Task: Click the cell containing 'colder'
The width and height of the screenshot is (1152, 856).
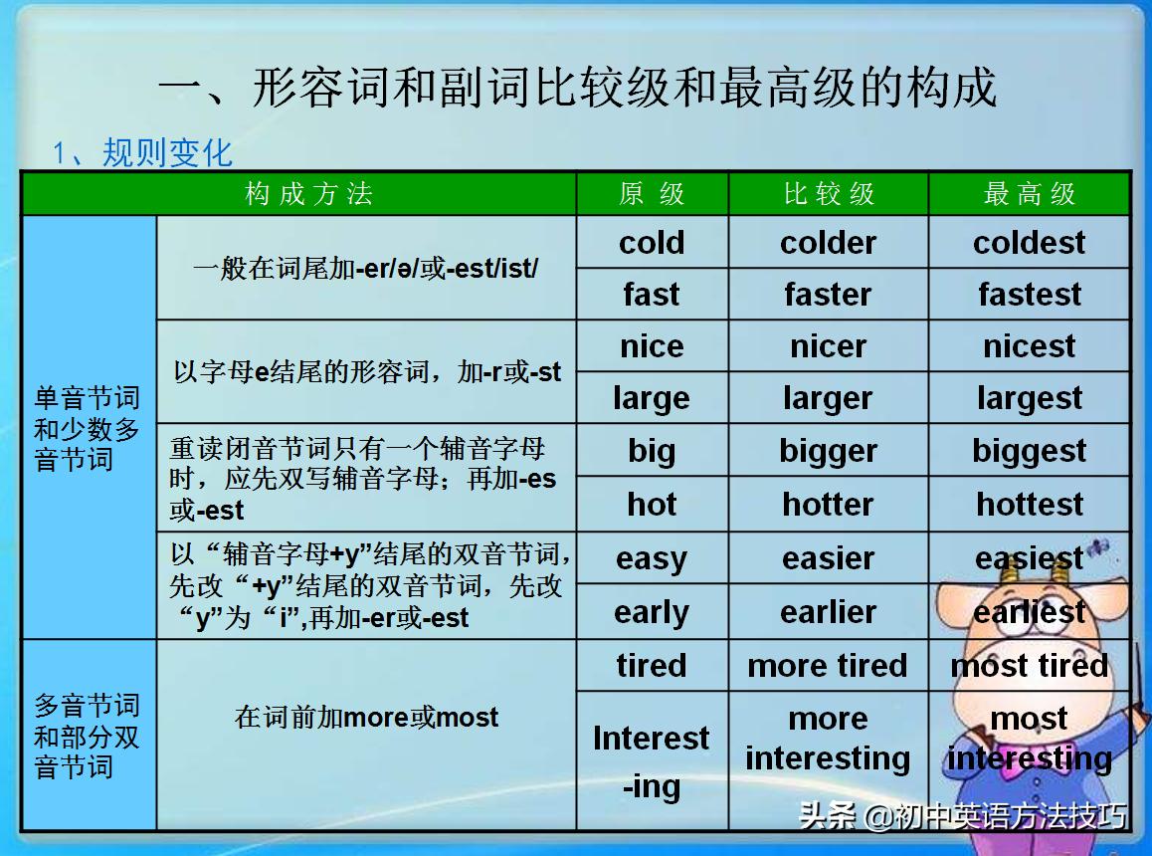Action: (828, 243)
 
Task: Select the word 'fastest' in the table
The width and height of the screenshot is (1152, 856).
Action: (1030, 295)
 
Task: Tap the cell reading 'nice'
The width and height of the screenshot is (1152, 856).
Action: (652, 346)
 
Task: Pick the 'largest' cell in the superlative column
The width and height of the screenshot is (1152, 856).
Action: (1030, 398)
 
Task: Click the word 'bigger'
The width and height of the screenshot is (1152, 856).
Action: (828, 451)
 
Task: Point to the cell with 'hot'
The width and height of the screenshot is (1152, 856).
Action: (652, 504)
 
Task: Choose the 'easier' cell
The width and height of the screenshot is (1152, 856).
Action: (828, 558)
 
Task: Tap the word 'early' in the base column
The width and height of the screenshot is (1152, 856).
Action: (652, 612)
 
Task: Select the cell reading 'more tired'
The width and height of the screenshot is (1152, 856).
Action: (828, 665)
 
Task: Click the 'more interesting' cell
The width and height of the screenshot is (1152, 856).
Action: (828, 739)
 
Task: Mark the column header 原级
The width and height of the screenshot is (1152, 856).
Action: (652, 194)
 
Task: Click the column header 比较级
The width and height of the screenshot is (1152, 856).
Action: (828, 194)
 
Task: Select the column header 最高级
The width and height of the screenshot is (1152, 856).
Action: (1030, 194)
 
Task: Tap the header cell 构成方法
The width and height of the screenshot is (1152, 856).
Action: (308, 194)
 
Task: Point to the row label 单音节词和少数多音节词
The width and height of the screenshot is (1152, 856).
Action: (88, 429)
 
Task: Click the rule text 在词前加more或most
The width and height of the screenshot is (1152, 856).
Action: (366, 717)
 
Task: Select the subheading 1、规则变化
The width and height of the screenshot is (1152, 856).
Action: (142, 152)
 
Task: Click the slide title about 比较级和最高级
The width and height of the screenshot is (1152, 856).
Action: (577, 88)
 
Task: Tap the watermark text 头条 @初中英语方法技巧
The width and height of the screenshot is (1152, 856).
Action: (962, 816)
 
